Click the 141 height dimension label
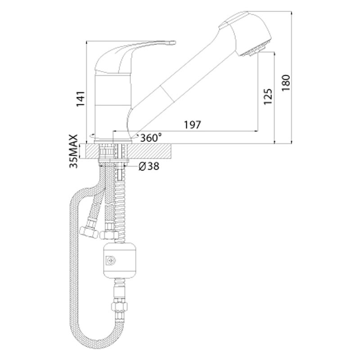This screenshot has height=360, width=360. [x=81, y=99]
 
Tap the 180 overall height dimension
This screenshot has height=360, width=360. [x=286, y=83]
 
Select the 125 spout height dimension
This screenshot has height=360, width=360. [x=268, y=97]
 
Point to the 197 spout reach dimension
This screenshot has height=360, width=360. [x=193, y=125]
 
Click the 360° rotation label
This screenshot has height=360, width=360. [x=151, y=138]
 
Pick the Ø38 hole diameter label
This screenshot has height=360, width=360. [x=149, y=166]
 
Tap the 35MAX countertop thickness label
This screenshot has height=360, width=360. [x=74, y=151]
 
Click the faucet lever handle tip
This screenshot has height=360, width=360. [x=172, y=43]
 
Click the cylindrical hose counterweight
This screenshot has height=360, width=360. [x=120, y=260]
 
